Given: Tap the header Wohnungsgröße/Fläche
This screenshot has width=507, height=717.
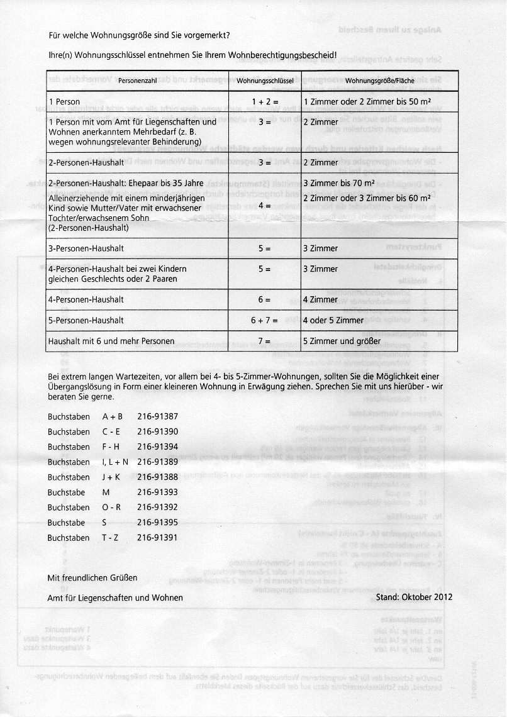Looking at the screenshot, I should (x=379, y=82).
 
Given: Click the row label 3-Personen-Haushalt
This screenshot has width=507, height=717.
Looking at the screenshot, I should (x=79, y=248).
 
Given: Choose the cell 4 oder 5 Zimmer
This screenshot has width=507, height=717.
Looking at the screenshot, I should (x=333, y=321).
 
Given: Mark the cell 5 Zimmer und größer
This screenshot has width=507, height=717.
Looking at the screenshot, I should (x=342, y=342).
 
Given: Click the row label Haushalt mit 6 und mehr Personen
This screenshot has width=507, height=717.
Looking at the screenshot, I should (x=111, y=342).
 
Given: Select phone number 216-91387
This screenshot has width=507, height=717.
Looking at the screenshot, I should (x=157, y=416).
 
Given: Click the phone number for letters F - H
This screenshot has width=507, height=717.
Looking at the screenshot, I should (x=157, y=447).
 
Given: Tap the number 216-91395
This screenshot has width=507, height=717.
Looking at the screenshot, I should (x=157, y=522).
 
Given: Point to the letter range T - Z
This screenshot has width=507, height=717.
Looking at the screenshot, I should (x=111, y=538).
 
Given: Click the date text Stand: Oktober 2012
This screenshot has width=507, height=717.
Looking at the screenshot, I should (x=413, y=597).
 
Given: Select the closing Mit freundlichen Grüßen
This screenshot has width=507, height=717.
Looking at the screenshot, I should (x=92, y=577).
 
